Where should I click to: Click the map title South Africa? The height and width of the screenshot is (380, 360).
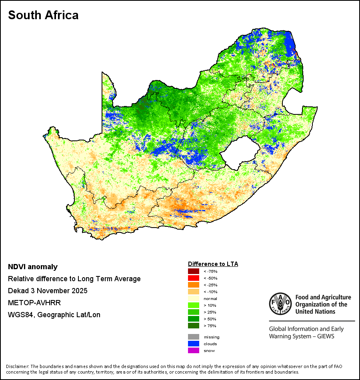click(43, 15)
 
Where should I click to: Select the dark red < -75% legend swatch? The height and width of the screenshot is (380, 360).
click(194, 271)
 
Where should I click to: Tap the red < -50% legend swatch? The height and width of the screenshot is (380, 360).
click(194, 278)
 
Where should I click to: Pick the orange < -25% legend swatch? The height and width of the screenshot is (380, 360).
click(194, 285)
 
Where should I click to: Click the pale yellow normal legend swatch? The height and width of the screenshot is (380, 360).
click(194, 298)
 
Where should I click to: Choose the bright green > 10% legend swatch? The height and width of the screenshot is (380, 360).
click(194, 305)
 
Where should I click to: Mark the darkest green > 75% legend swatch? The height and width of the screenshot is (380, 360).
click(194, 326)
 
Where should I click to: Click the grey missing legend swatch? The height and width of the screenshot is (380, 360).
click(194, 337)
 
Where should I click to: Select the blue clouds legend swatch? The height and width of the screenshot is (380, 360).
click(194, 344)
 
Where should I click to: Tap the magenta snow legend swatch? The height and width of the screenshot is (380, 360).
click(194, 350)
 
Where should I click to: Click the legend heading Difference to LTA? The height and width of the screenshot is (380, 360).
click(213, 264)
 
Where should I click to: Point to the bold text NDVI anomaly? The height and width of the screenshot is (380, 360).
click(33, 267)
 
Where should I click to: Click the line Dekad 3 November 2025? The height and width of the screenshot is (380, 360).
click(48, 291)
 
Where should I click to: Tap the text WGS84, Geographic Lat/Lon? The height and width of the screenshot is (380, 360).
click(54, 315)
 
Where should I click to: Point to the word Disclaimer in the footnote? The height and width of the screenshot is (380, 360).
click(17, 366)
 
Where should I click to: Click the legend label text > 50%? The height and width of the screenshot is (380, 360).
click(210, 319)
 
